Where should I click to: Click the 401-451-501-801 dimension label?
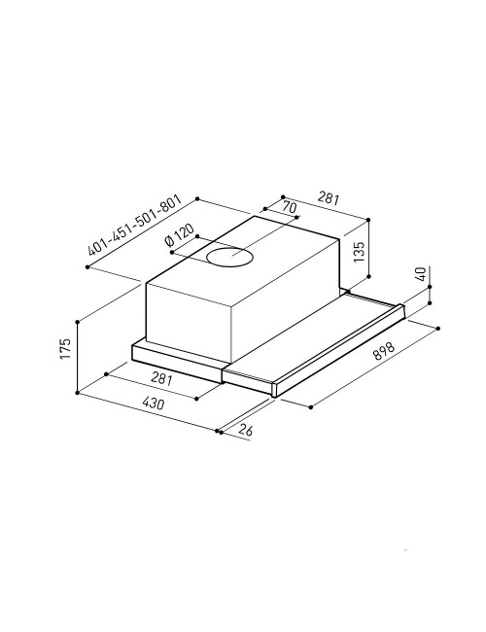click(135, 225)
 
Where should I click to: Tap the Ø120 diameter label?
click(179, 235)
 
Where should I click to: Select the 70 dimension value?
click(289, 207)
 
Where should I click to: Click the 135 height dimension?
click(359, 252)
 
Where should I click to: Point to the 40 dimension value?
click(420, 274)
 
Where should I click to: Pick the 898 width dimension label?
click(383, 351)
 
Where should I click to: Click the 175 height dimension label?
click(65, 349)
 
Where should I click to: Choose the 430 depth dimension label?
click(154, 403)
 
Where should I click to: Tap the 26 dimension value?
click(245, 430)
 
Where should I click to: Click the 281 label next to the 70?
click(329, 198)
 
